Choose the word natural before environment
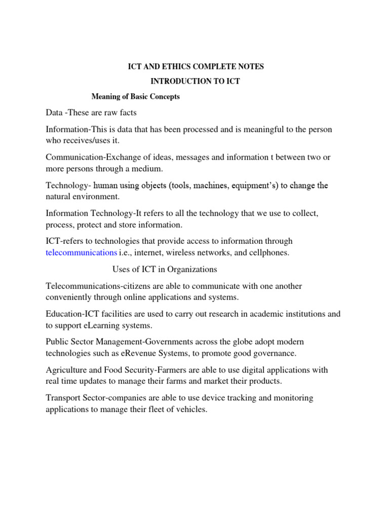pos(59,196)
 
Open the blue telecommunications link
pos(81,252)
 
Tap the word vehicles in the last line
pos(190,409)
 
